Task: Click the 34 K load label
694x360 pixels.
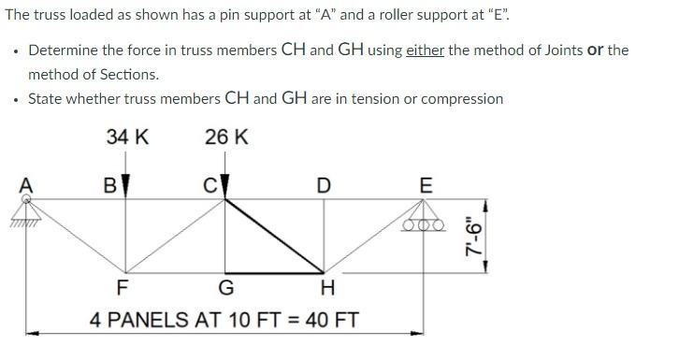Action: [x=128, y=137]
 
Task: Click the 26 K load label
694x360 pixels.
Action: [x=227, y=137]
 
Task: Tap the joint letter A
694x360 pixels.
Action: [x=26, y=185]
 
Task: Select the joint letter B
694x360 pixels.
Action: [x=109, y=185]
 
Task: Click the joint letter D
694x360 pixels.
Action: [x=323, y=185]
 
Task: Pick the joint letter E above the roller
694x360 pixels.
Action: [x=426, y=185]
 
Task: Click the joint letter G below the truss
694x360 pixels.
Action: [x=225, y=286]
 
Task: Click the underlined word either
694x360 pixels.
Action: [x=426, y=50]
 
